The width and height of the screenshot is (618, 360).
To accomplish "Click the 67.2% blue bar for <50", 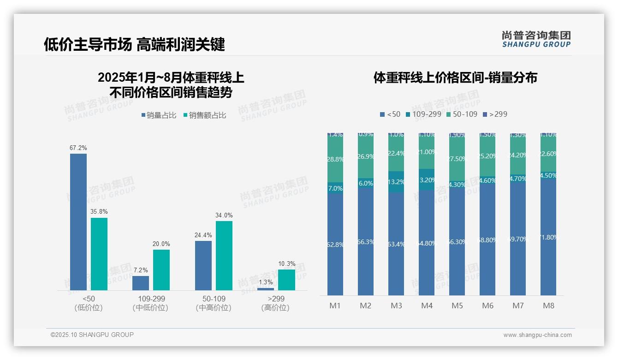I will pyautogui.click(x=78, y=222).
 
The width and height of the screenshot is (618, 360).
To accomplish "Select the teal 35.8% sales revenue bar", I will pyautogui.click(x=99, y=254).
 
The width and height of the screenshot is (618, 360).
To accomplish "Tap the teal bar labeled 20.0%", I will pyautogui.click(x=161, y=270).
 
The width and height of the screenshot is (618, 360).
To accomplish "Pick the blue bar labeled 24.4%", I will pyautogui.click(x=203, y=265).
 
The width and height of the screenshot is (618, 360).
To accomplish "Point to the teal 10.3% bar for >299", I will pyautogui.click(x=286, y=280).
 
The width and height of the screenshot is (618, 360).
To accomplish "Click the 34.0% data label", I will pyautogui.click(x=224, y=215).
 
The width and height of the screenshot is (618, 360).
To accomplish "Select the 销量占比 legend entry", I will pyautogui.click(x=159, y=115).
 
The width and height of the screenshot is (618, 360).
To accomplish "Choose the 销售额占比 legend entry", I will pyautogui.click(x=205, y=115).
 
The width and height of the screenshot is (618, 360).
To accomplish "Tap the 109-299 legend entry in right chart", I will pyautogui.click(x=422, y=114).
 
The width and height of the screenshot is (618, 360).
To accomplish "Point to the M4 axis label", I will pyautogui.click(x=427, y=306).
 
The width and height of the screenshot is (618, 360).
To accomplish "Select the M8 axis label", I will pyautogui.click(x=548, y=306).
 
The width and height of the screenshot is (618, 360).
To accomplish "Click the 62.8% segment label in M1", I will pyautogui.click(x=335, y=245).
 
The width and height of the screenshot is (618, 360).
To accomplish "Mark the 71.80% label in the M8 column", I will pyautogui.click(x=548, y=237).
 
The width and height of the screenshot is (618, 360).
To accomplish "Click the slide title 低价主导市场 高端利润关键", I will pyautogui.click(x=134, y=44).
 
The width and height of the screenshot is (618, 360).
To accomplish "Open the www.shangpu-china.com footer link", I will pyautogui.click(x=537, y=335).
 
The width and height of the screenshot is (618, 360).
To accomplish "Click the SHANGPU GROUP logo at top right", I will pyautogui.click(x=536, y=39).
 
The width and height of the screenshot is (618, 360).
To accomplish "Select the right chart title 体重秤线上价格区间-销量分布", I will pyautogui.click(x=455, y=78).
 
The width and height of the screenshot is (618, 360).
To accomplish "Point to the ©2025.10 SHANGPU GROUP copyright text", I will pyautogui.click(x=92, y=335).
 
